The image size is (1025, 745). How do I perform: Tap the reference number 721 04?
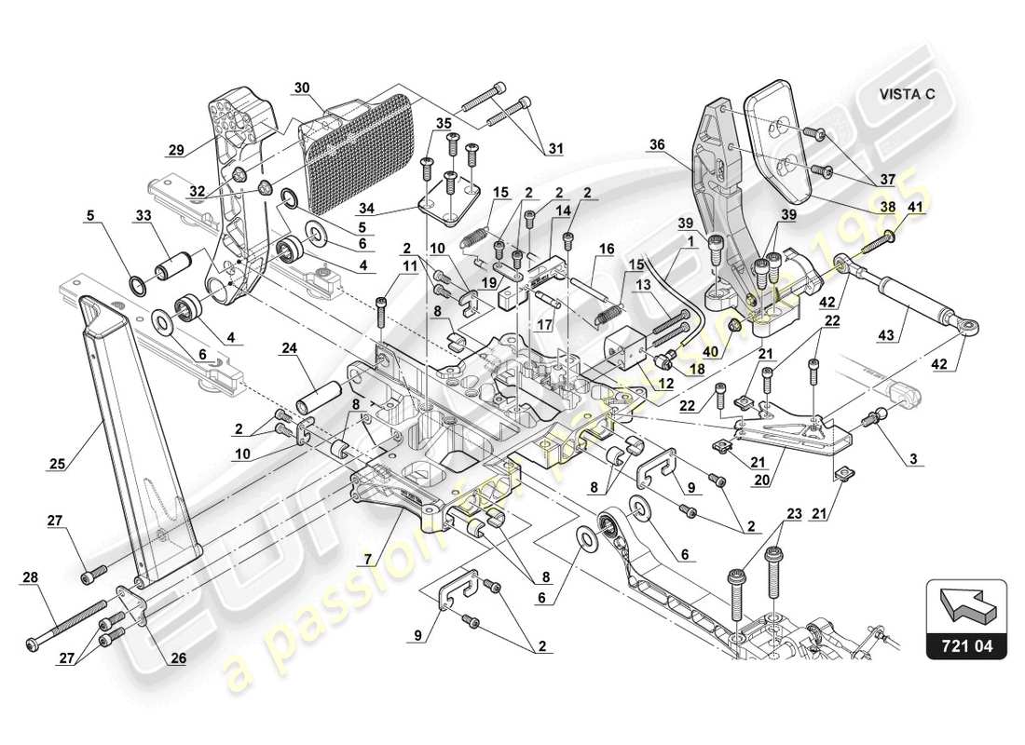click(x=966, y=643)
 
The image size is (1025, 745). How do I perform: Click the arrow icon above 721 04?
click(x=966, y=603)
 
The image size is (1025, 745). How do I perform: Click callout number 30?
click(x=300, y=88)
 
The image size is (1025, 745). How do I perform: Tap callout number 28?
click(x=32, y=578)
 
